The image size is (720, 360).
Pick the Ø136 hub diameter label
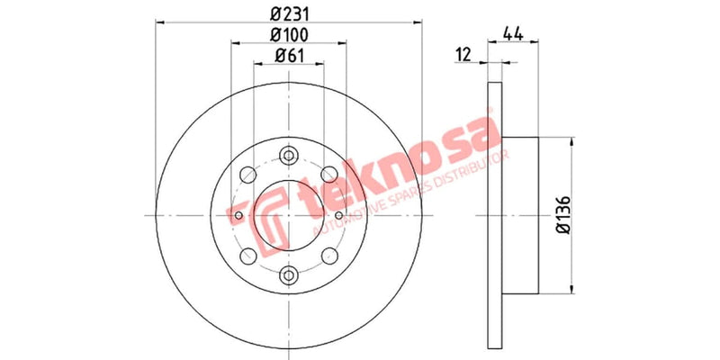(x=564, y=216)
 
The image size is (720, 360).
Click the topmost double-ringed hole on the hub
(x=288, y=154)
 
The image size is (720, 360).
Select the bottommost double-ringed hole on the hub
(x=288, y=276)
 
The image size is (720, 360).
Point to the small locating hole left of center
(x=238, y=215)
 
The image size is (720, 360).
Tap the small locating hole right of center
(x=338, y=215)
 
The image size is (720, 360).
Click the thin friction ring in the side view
(x=493, y=215)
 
